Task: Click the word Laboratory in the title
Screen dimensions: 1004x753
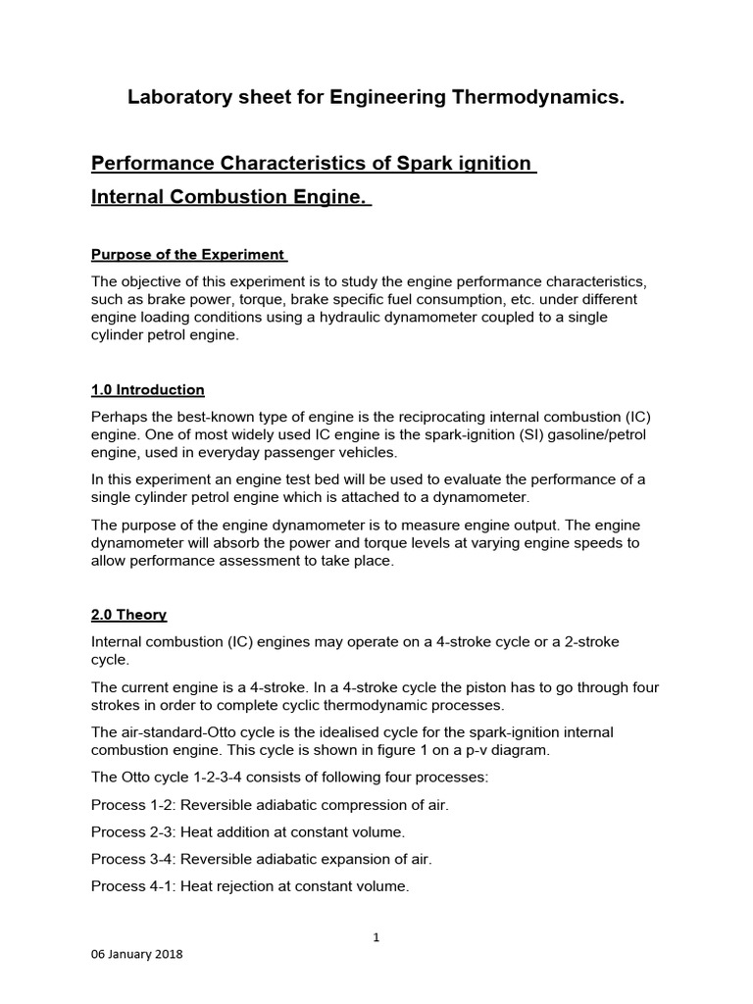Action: click(177, 98)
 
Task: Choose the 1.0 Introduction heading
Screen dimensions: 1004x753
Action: click(147, 389)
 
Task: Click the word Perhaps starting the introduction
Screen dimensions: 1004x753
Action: click(120, 416)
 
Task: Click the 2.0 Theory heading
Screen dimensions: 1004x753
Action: click(128, 615)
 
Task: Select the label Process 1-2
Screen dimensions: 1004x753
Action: click(131, 805)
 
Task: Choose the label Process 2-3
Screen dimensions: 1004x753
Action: click(131, 832)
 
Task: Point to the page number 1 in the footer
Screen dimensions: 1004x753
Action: click(376, 937)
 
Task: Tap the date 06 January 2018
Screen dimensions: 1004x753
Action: click(136, 955)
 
